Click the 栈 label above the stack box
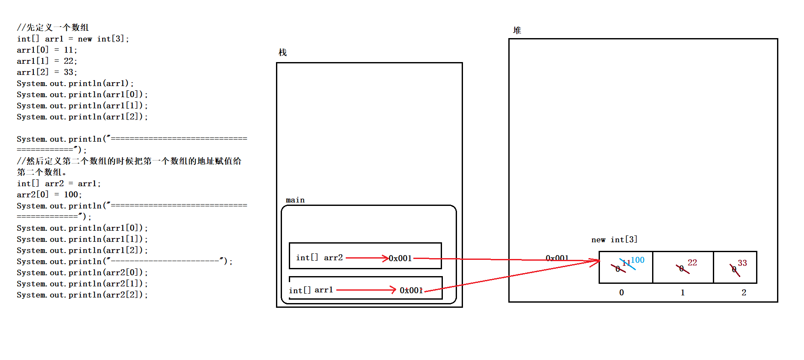click(x=282, y=53)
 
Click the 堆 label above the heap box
click(x=517, y=30)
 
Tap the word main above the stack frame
click(x=295, y=200)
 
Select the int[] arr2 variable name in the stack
click(x=319, y=258)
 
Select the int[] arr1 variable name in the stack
click(x=311, y=290)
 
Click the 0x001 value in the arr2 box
click(x=400, y=258)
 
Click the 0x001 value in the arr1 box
click(x=411, y=290)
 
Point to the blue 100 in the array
click(x=637, y=260)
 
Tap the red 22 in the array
click(x=692, y=262)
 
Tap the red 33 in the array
click(x=742, y=263)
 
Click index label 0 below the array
click(x=621, y=292)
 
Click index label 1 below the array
click(x=682, y=292)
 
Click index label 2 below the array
click(x=744, y=292)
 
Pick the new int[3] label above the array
click(x=614, y=240)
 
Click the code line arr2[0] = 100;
click(x=49, y=195)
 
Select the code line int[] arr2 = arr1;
click(x=59, y=184)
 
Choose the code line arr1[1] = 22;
click(x=47, y=61)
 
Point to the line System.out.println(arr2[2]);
click(x=82, y=295)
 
